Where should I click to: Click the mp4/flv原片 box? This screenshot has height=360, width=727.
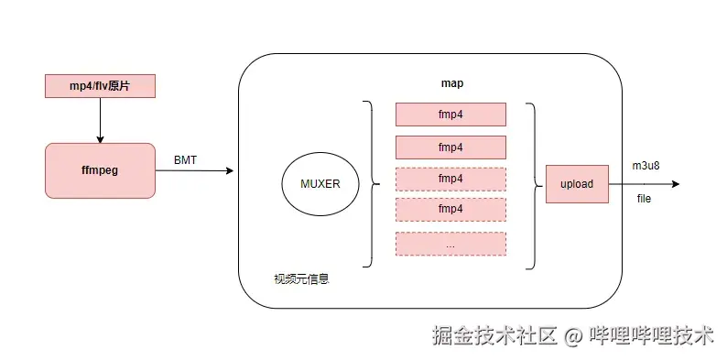(x=100, y=86)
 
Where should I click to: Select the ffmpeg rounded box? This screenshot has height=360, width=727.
(x=100, y=169)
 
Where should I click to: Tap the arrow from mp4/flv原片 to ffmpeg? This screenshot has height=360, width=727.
(x=100, y=119)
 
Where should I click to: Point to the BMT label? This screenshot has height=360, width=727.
(x=185, y=160)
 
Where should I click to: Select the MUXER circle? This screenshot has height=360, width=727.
(x=320, y=184)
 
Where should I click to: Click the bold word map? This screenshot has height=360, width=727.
(x=451, y=83)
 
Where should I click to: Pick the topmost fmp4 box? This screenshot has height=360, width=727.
(x=450, y=115)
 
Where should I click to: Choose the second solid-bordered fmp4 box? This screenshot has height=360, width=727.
(x=450, y=147)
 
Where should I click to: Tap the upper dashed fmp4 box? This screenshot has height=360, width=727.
(x=450, y=178)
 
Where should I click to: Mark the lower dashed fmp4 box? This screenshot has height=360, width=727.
(x=450, y=209)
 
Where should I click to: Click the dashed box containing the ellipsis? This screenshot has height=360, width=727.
(x=450, y=244)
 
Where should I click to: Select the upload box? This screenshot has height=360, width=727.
(x=577, y=184)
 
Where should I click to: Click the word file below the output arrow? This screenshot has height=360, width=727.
(x=644, y=199)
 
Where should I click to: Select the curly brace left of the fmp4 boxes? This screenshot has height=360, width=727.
(x=368, y=184)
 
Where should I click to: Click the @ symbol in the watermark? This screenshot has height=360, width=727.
(x=574, y=337)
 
